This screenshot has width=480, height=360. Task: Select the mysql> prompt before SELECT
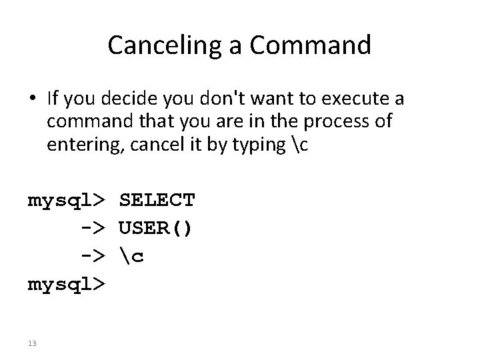pyautogui.click(x=65, y=200)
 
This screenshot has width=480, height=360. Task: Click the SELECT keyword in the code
pyautogui.click(x=157, y=200)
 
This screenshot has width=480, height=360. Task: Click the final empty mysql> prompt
pyautogui.click(x=65, y=285)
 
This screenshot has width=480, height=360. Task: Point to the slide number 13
pyautogui.click(x=33, y=343)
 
